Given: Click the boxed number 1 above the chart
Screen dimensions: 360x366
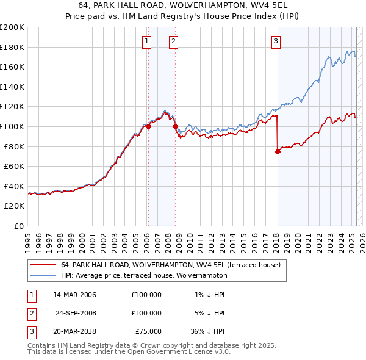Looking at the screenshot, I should pos(148,41).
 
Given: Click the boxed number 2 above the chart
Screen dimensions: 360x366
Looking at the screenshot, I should pos(174,41).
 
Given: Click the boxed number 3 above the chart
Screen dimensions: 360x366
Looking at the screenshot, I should pos(276,41).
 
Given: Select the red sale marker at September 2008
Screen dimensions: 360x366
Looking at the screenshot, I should pos(175,127).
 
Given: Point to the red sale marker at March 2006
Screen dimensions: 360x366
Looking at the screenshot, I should pos(148,127).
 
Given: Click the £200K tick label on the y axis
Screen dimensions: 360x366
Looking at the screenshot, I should pos(12,27).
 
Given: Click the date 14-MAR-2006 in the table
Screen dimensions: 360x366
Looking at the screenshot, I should pos(74,295).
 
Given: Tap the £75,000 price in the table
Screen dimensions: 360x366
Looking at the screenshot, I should pos(146,331).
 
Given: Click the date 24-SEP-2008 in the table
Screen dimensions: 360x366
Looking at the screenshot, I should pos(75,313).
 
